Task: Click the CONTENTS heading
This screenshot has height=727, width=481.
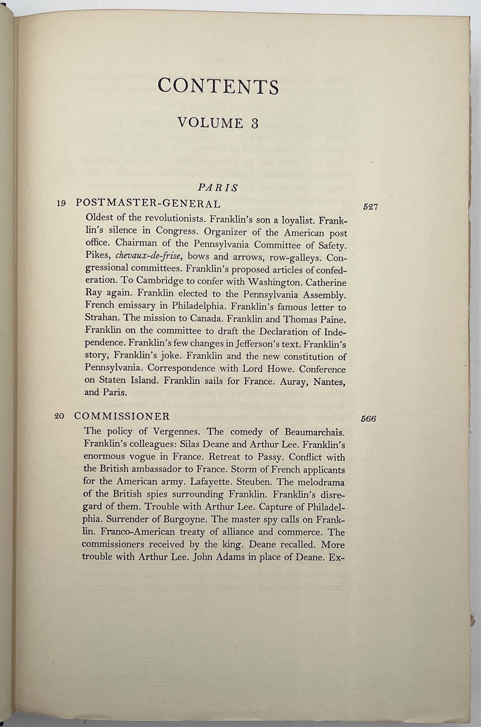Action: [218, 87]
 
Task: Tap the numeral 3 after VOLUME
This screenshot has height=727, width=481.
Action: [254, 123]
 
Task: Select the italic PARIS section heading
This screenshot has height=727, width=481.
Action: [218, 188]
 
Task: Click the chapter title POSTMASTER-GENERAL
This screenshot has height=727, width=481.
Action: [148, 203]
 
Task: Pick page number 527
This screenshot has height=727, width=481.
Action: [370, 207]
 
